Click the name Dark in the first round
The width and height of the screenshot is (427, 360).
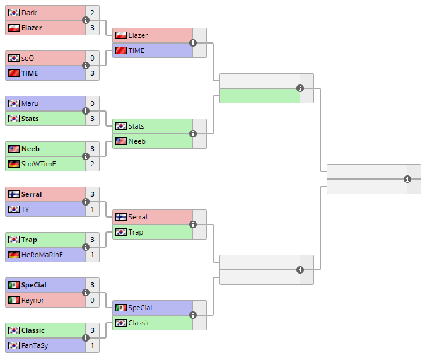click(x=28, y=13)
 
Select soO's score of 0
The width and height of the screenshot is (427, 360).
click(x=92, y=58)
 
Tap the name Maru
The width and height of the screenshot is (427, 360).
click(x=30, y=103)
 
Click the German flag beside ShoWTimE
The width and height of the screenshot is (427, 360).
click(x=13, y=164)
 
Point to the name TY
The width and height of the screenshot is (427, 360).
click(x=26, y=209)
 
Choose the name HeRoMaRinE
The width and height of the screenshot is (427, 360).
click(x=42, y=255)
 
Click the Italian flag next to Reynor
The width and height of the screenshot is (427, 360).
click(x=13, y=300)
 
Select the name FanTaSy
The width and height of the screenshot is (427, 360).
click(x=35, y=345)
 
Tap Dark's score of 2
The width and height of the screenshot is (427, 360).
click(x=92, y=13)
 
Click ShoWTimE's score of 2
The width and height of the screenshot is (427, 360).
click(x=92, y=164)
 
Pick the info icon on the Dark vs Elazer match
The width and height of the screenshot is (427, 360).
click(x=86, y=20)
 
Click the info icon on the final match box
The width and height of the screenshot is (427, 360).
click(x=407, y=179)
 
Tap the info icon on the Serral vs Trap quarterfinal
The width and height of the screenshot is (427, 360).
click(x=193, y=224)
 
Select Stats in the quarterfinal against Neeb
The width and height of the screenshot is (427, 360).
click(x=136, y=126)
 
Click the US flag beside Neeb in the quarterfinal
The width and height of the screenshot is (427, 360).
click(x=120, y=141)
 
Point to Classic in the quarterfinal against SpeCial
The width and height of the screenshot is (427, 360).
click(x=139, y=323)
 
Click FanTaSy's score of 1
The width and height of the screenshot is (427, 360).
click(x=92, y=345)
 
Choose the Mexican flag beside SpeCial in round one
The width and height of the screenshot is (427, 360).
click(x=13, y=285)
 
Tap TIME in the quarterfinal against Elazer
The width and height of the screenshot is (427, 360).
click(x=137, y=50)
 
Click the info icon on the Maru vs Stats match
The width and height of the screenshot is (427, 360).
click(x=86, y=111)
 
